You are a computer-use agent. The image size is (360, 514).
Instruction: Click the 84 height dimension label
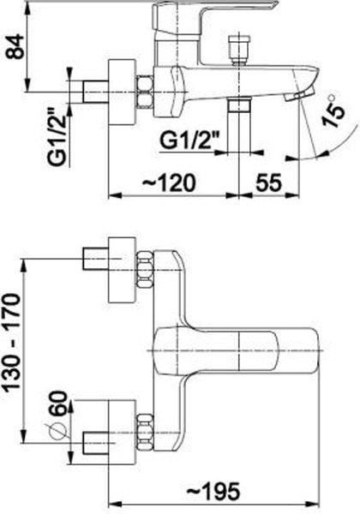(16, 46)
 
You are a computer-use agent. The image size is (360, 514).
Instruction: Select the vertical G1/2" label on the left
(58, 140)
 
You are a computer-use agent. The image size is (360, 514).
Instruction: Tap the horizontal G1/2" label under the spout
(189, 140)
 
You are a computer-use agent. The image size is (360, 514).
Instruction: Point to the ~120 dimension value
(169, 182)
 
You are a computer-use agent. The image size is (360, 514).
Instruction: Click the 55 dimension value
(269, 182)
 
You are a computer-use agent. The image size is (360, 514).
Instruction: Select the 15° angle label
(333, 111)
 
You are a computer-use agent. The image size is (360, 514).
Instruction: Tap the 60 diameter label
(57, 403)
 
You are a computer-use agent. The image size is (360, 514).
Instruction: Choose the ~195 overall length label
(213, 492)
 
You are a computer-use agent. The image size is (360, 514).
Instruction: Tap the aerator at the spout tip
(298, 95)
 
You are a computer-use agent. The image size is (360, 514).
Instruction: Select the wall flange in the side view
(122, 93)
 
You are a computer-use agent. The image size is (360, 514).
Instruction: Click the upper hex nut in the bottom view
(145, 270)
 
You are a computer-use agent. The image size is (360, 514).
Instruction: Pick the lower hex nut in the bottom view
(145, 433)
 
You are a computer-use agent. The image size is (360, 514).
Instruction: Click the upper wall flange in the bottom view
(122, 270)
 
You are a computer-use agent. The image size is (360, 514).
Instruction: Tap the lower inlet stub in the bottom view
(96, 443)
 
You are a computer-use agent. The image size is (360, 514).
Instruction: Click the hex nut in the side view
(145, 92)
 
